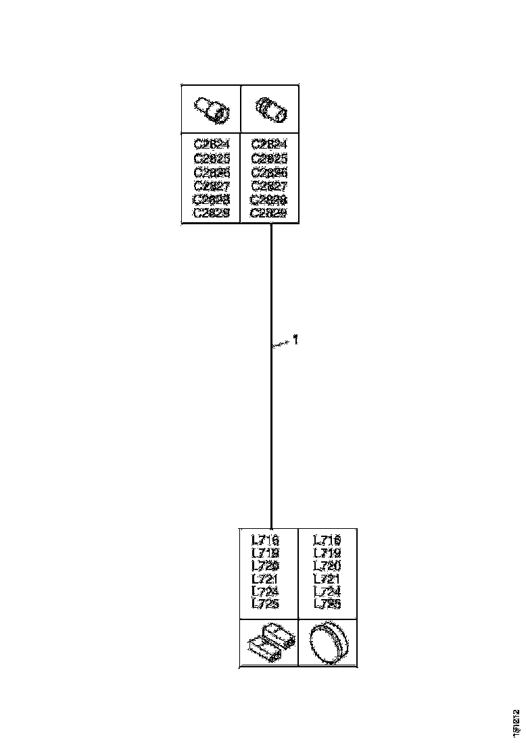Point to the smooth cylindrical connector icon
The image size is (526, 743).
point(212,109)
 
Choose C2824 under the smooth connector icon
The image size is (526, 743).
point(212,144)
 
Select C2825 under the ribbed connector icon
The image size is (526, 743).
point(269,158)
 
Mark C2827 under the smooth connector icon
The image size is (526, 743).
point(212,186)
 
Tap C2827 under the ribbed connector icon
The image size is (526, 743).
point(269,186)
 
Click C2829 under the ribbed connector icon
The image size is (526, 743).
point(269,213)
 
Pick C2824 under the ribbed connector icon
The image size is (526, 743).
point(269,144)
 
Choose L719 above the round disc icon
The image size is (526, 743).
point(327,553)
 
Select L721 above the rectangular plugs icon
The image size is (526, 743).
point(265,579)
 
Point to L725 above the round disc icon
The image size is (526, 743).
point(327,604)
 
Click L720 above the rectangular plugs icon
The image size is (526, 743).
point(265,566)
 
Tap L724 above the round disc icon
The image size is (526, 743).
point(327,592)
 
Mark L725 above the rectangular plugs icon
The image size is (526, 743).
point(265,604)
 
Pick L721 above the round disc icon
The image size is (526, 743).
point(327,579)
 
